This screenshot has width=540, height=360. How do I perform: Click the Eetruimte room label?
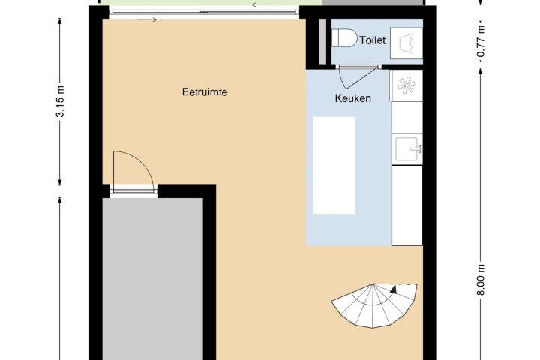click(205, 92)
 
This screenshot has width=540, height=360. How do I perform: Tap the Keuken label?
click(353, 98)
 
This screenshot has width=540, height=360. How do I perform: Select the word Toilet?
click(373, 40)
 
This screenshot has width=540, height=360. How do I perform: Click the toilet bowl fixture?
click(345, 38)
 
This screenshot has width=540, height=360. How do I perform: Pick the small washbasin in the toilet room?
click(406, 43)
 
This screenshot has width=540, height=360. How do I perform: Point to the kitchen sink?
click(409, 148)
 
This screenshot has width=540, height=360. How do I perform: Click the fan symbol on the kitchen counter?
click(406, 85)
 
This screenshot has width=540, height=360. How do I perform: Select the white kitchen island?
click(334, 165)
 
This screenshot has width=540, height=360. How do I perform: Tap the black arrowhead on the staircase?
click(394, 289)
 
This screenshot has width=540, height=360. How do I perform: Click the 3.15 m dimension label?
click(60, 102)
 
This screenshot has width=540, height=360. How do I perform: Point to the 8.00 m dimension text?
click(481, 280)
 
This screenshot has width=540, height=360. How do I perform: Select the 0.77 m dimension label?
click(481, 40)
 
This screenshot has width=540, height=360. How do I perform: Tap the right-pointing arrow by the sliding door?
click(147, 19)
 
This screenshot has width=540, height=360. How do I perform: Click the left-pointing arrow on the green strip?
click(262, 4)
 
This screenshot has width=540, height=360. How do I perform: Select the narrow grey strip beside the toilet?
click(322, 41)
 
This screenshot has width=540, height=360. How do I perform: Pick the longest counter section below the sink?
click(407, 205)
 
